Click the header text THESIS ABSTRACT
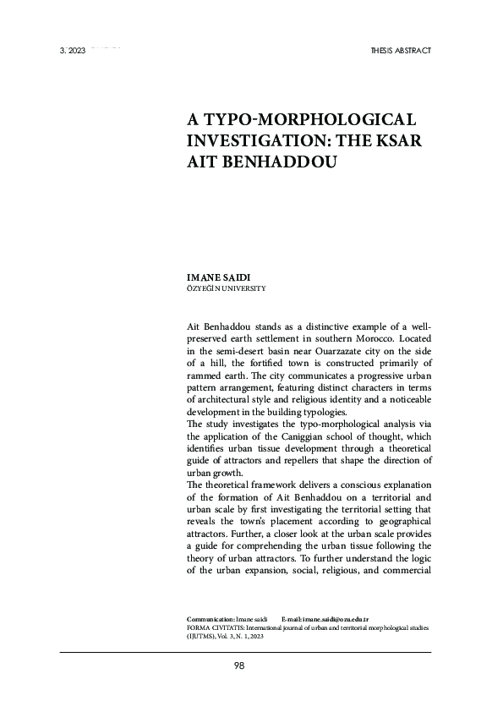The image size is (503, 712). click(401, 51)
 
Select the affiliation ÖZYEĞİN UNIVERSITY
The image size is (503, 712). click(226, 289)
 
